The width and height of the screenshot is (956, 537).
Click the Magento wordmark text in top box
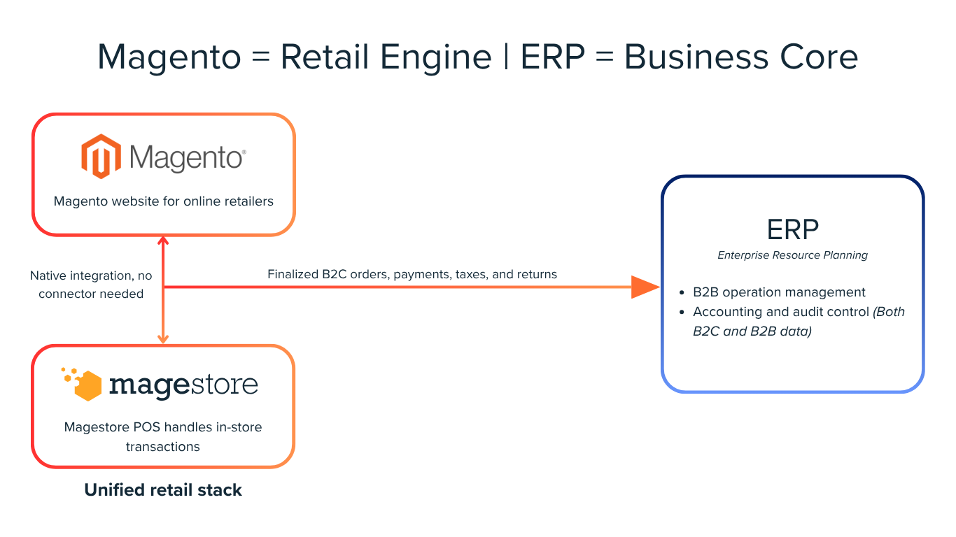click(x=187, y=158)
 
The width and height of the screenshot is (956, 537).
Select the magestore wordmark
click(x=183, y=385)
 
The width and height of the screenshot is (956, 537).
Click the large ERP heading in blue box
click(x=792, y=229)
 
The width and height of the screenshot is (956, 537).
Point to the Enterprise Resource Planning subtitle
click(x=792, y=255)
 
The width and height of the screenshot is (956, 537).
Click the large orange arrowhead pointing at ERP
click(x=645, y=287)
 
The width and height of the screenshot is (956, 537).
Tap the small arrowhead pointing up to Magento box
click(x=163, y=242)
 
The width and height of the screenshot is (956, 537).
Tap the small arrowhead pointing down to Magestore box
click(x=163, y=338)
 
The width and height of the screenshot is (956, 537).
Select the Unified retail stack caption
click(x=163, y=490)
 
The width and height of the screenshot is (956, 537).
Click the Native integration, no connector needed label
click(x=91, y=285)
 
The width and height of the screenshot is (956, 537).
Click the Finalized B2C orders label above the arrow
click(x=412, y=274)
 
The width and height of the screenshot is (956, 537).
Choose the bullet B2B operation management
click(x=778, y=292)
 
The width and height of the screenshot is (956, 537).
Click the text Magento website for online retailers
click(x=163, y=201)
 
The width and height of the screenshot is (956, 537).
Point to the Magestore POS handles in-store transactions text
click(x=163, y=436)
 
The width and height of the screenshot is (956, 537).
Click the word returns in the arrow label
click(x=537, y=274)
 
